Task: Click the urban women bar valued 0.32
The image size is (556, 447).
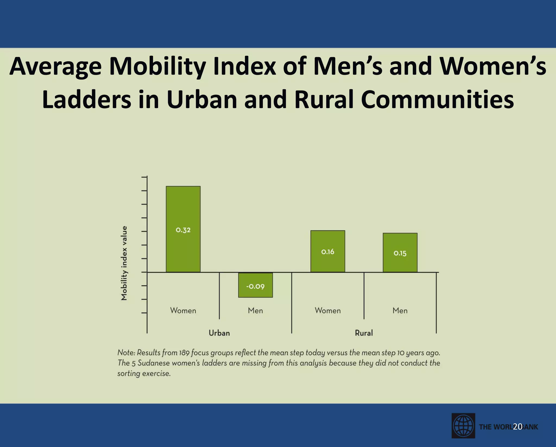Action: click(x=183, y=229)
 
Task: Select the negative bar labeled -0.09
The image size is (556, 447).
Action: click(x=255, y=285)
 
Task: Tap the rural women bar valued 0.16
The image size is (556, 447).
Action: click(x=328, y=251)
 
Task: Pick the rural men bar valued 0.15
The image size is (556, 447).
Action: click(x=400, y=253)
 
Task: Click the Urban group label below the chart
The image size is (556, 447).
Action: click(x=219, y=333)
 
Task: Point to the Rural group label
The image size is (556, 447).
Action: click(x=364, y=333)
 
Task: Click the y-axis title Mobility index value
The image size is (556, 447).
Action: click(x=124, y=263)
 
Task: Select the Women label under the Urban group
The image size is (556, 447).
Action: click(x=183, y=310)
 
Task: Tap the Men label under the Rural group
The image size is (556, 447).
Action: click(x=400, y=310)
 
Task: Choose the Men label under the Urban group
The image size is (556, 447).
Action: click(x=255, y=310)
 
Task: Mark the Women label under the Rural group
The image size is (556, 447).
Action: click(x=328, y=310)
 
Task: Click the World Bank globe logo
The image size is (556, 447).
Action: click(x=463, y=426)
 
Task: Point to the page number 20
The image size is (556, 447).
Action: click(x=518, y=427)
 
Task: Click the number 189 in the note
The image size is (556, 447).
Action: click(x=184, y=353)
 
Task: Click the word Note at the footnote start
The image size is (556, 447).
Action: click(x=126, y=353)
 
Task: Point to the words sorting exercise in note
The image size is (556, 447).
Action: click(x=144, y=374)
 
